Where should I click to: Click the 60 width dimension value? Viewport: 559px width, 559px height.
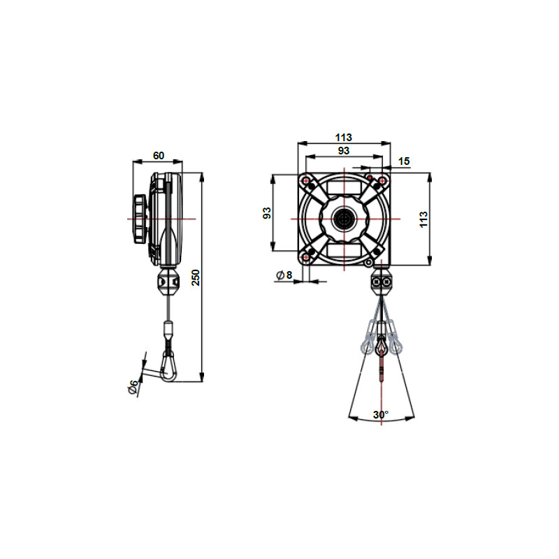coord(158,155)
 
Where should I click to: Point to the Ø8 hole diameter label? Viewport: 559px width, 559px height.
coord(284,275)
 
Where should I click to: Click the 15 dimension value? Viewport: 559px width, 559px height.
coord(403,161)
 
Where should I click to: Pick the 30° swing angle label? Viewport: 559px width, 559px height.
coord(380,414)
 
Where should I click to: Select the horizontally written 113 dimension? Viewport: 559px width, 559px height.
coord(343,137)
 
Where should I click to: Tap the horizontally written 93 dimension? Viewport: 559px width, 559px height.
coord(343,150)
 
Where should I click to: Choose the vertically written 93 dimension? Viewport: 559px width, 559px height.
coord(266,212)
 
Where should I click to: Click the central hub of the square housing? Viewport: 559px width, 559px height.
coord(344,218)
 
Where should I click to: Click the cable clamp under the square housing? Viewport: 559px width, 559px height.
coord(382,282)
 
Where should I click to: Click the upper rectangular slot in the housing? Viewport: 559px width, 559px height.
coord(344,187)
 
